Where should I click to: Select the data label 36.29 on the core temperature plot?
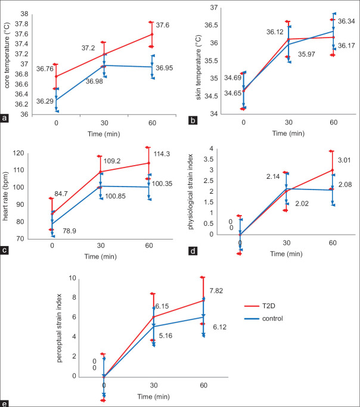(45, 101)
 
